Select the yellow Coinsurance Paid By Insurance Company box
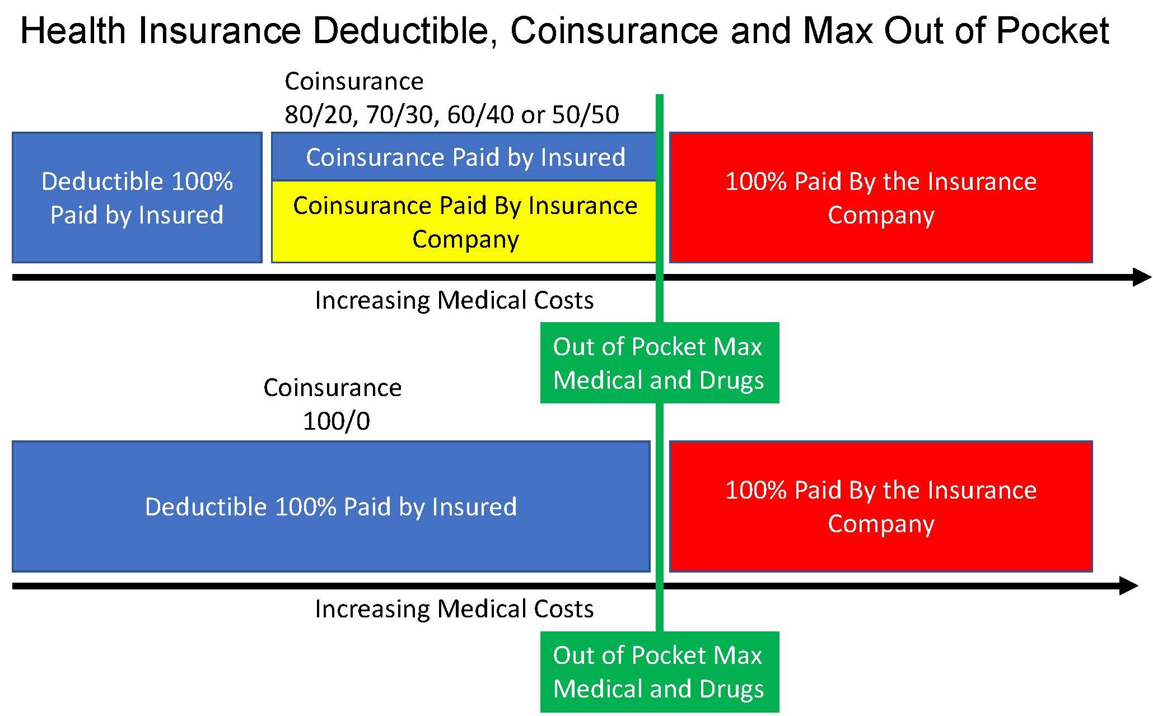464,222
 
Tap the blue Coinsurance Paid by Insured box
464,157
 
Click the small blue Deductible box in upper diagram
137,198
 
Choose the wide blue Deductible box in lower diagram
331,506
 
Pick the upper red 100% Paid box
881,198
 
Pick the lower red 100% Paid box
881,506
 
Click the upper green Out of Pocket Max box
660,362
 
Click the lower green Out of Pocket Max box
660,672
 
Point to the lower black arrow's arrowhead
1129,586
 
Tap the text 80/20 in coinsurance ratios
319,115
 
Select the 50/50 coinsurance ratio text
586,115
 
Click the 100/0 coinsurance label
337,421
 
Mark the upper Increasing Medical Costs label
454,300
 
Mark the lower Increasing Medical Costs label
454,609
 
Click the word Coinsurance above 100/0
333,388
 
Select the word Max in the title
837,31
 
